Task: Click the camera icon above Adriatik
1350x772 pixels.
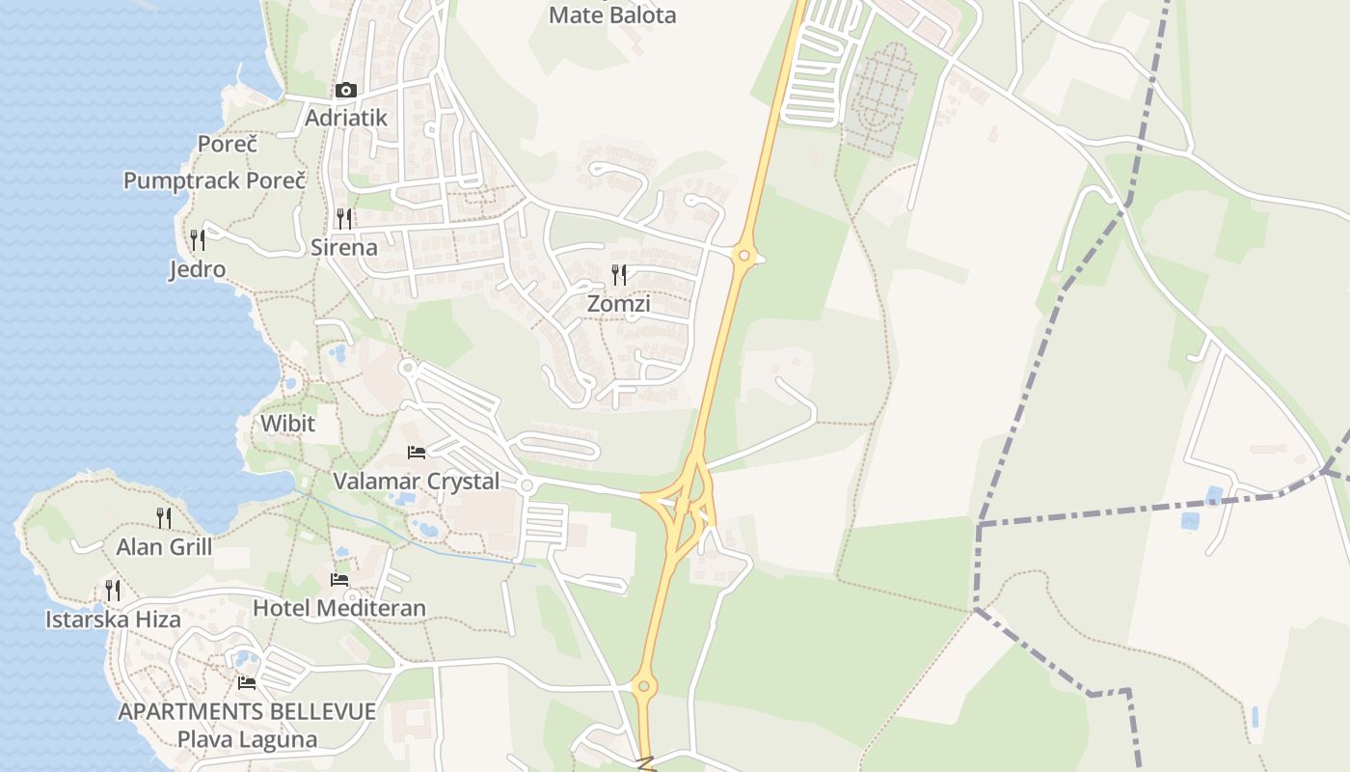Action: (345, 91)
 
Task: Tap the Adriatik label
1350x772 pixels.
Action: (346, 118)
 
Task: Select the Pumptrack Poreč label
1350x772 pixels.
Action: (214, 180)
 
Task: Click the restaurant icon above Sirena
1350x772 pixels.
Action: (344, 218)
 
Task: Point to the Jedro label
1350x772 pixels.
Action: (198, 269)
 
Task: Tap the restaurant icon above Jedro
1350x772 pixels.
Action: (198, 239)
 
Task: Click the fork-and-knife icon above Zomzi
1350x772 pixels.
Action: (619, 275)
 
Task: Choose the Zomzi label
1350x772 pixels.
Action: (619, 304)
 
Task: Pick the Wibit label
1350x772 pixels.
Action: (287, 424)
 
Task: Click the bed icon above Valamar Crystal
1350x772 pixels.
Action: (417, 452)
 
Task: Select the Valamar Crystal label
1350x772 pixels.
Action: (417, 481)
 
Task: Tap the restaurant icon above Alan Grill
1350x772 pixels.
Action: (164, 518)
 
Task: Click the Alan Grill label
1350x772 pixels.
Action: (164, 547)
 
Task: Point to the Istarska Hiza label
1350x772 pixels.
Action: (113, 620)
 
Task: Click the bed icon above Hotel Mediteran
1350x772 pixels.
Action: (339, 579)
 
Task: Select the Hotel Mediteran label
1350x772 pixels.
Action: (339, 608)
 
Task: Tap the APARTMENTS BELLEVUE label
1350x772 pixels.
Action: (247, 712)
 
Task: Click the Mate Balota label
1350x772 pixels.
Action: (612, 15)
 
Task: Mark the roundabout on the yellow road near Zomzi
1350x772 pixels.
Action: (742, 256)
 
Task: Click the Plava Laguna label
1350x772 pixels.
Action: (247, 740)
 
